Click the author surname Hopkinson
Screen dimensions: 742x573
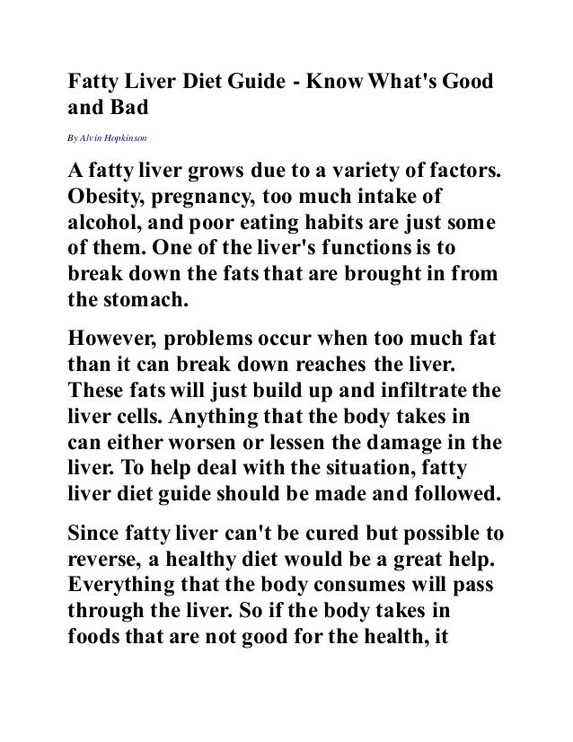(x=125, y=141)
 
